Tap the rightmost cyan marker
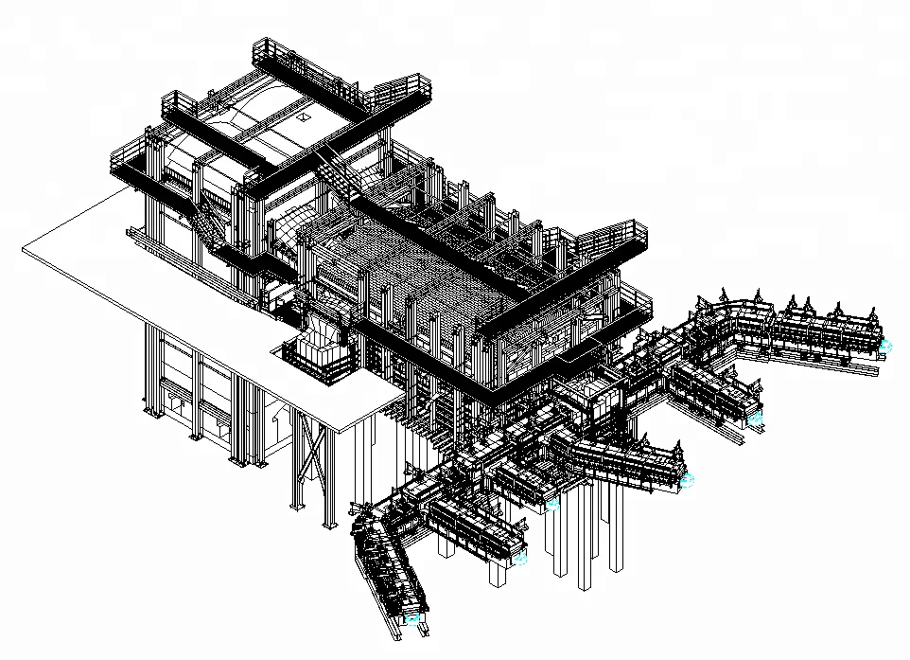[885, 347]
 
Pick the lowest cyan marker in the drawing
[412, 617]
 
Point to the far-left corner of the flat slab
[23, 248]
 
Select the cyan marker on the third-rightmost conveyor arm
[687, 480]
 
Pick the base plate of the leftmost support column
[148, 413]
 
